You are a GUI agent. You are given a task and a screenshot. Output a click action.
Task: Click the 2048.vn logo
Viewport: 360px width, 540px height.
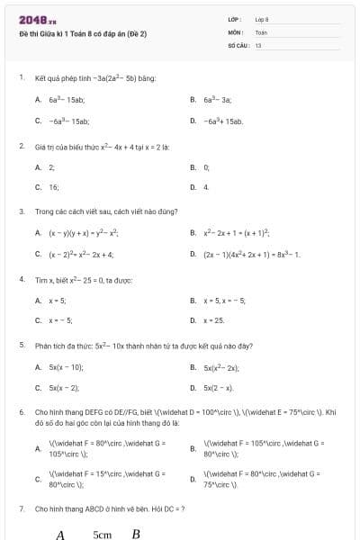point(38,20)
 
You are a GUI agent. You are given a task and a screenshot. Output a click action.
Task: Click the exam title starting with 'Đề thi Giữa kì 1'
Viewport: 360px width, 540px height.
point(83,33)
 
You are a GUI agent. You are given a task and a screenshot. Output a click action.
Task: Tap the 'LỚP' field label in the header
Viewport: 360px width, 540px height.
point(234,19)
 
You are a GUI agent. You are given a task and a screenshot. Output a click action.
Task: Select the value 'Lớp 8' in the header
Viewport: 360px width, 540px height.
point(262,19)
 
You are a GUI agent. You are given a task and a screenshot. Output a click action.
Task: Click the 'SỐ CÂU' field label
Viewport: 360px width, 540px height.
point(238,44)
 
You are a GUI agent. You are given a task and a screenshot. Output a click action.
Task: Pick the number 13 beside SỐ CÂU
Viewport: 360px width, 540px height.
point(258,44)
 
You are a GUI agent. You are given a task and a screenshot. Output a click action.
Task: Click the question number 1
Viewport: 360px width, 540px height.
point(21,77)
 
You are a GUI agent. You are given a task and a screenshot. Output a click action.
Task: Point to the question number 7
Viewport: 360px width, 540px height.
point(21,509)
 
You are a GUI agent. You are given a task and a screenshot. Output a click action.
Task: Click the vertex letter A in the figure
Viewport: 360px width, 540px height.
point(60,534)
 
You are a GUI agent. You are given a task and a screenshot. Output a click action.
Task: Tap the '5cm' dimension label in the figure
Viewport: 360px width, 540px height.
point(102,534)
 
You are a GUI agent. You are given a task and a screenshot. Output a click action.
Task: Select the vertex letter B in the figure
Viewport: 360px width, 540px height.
point(136,534)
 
